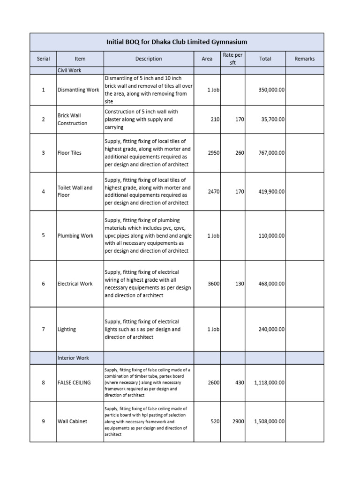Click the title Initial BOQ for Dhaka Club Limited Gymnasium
pyautogui.click(x=177, y=42)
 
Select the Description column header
pyautogui.click(x=148, y=59)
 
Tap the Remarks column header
pyautogui.click(x=304, y=59)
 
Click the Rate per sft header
pyautogui.click(x=232, y=59)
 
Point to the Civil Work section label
pyautogui.click(x=69, y=70)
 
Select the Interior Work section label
pyautogui.click(x=73, y=358)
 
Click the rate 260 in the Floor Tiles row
pyautogui.click(x=240, y=153)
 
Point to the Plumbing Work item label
pyautogui.click(x=75, y=236)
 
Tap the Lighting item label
pyautogui.click(x=67, y=330)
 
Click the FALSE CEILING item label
pyautogui.click(x=74, y=383)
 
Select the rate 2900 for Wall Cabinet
pyautogui.click(x=238, y=421)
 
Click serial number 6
pyautogui.click(x=43, y=284)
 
